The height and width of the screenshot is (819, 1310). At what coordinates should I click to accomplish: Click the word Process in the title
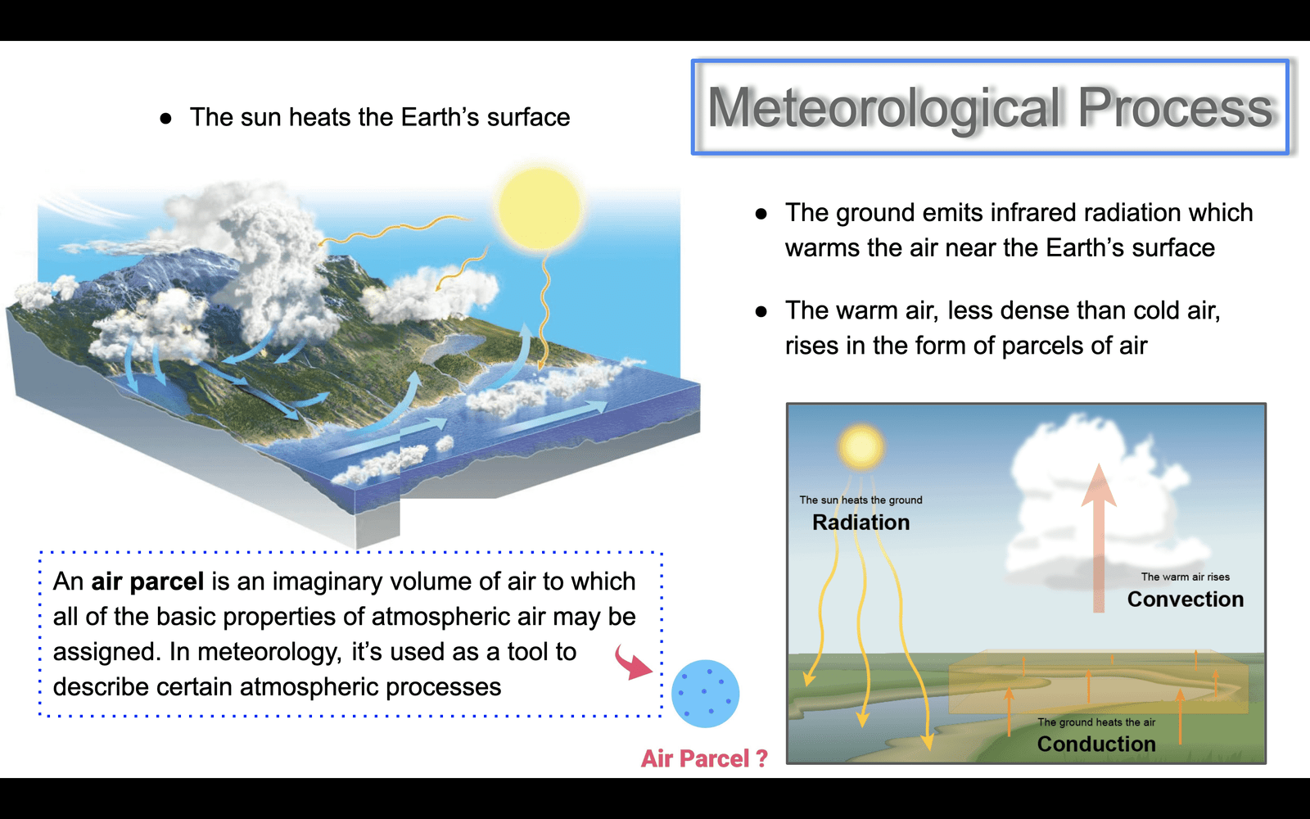[1174, 107]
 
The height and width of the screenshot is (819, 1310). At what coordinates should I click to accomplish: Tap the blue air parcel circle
[705, 694]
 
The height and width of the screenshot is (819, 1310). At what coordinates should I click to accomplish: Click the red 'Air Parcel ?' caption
[704, 758]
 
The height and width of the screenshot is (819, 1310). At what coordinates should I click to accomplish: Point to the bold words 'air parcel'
[148, 582]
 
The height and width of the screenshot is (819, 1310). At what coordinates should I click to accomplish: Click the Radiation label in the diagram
[861, 523]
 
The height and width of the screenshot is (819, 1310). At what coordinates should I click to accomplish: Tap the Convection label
[1186, 599]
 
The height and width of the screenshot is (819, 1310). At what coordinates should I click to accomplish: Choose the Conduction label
[1096, 744]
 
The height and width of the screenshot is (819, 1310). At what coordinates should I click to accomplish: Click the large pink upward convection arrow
[1099, 538]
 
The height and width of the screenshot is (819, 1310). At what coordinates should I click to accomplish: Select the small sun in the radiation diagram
[861, 447]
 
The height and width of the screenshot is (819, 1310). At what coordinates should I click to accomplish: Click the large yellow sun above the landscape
[540, 210]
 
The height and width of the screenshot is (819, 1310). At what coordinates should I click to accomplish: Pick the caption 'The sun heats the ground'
[861, 500]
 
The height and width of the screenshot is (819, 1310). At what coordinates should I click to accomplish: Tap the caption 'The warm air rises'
[1186, 577]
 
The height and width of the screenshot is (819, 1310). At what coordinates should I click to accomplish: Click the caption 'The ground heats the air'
[1096, 722]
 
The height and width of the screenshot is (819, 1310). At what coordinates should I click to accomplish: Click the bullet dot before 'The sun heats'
[166, 119]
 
